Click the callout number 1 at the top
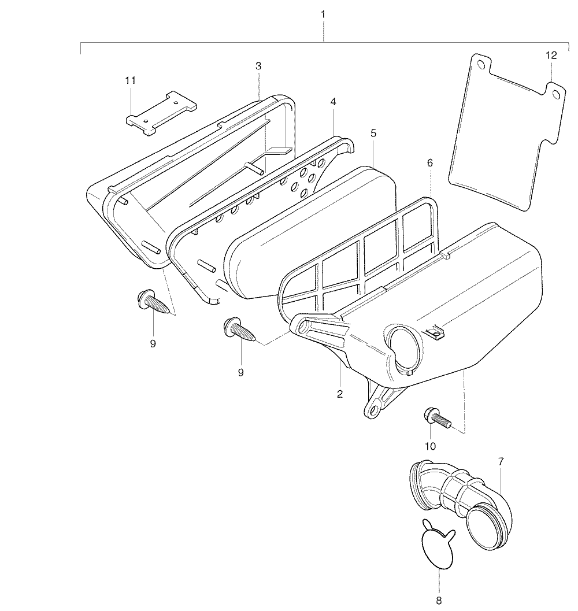pyautogui.click(x=323, y=14)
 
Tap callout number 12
pyautogui.click(x=551, y=55)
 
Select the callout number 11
pyautogui.click(x=130, y=80)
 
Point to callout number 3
pyautogui.click(x=258, y=66)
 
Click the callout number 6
pyautogui.click(x=430, y=163)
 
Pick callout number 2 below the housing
pyautogui.click(x=340, y=394)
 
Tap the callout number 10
pyautogui.click(x=430, y=446)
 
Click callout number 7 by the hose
pyautogui.click(x=501, y=462)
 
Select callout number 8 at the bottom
pyautogui.click(x=439, y=601)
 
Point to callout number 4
pyautogui.click(x=333, y=102)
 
